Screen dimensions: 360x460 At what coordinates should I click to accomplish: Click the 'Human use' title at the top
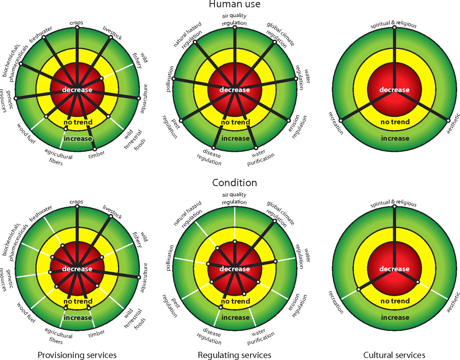(234, 4)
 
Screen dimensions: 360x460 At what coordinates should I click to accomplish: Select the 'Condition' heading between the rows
(234, 183)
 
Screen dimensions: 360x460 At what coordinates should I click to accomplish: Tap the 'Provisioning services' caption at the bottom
(77, 355)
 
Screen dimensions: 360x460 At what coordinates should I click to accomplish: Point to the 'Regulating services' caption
(234, 355)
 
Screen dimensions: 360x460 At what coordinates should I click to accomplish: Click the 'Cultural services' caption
(394, 355)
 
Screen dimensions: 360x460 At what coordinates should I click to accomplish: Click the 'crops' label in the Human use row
(76, 23)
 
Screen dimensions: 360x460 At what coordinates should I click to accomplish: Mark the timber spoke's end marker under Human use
(95, 149)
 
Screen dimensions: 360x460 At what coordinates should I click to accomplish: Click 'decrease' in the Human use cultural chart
(394, 90)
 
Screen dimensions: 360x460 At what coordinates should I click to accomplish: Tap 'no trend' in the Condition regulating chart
(235, 301)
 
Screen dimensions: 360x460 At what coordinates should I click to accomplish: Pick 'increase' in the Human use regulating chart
(235, 138)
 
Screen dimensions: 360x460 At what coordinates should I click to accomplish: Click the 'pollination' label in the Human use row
(170, 79)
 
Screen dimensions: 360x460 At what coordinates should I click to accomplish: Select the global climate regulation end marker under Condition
(275, 221)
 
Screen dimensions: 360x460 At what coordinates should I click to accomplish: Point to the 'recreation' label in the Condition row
(336, 303)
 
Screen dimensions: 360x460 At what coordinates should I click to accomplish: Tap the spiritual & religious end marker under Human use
(394, 27)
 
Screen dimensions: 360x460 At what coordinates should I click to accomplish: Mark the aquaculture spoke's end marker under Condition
(139, 277)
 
